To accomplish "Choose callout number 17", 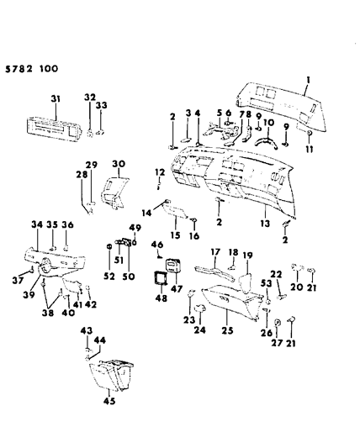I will point(215,250).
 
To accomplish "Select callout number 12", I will point(156,173).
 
